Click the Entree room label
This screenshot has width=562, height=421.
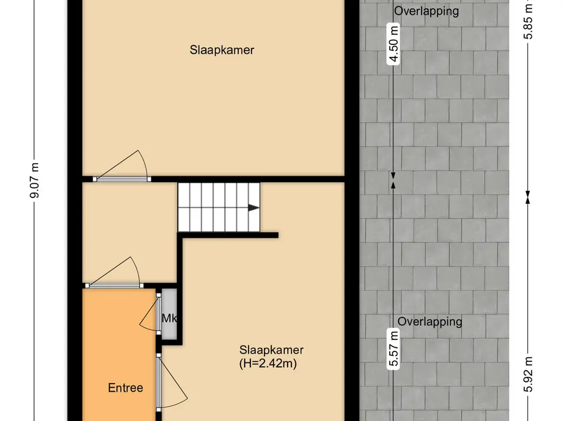click(x=126, y=388)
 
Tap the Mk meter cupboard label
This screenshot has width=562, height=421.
click(x=169, y=318)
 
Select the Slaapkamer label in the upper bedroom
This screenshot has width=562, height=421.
click(x=222, y=50)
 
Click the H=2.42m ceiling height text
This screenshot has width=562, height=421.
click(x=268, y=364)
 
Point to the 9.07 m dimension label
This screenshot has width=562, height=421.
click(x=35, y=180)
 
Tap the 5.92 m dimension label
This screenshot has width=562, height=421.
click(x=527, y=374)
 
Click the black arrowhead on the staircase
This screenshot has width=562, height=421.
click(x=254, y=208)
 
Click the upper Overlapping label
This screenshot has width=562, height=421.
click(x=426, y=11)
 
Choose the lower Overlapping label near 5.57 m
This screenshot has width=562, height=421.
click(x=430, y=321)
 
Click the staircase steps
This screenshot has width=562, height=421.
click(x=218, y=207)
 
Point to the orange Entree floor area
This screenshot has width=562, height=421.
click(x=119, y=355)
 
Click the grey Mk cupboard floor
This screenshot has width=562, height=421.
click(x=169, y=313)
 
